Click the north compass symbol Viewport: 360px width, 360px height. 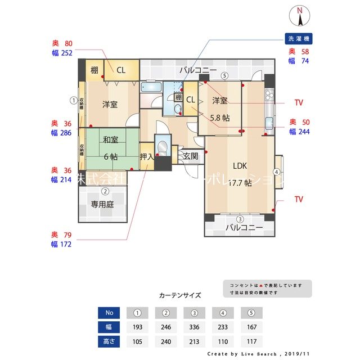point(300,16)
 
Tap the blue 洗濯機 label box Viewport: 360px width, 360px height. point(299,39)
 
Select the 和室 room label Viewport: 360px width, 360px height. point(110,141)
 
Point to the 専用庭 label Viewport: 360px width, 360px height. point(102,205)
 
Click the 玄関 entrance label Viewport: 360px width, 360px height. point(190,156)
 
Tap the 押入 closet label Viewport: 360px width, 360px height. point(147,156)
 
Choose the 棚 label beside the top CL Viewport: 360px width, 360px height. point(94,70)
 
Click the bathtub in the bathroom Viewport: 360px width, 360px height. point(151,87)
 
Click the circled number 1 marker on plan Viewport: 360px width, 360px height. point(73,100)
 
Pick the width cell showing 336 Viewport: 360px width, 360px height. point(195,327)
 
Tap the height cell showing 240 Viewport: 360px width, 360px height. point(166,341)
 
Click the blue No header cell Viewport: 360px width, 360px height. point(109,313)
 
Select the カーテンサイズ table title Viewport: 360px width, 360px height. point(180,295)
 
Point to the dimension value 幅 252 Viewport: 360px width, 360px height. point(62,53)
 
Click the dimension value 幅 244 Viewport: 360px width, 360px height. point(299,132)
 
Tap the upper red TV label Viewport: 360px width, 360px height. point(299,103)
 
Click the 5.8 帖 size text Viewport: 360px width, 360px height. point(219,118)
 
